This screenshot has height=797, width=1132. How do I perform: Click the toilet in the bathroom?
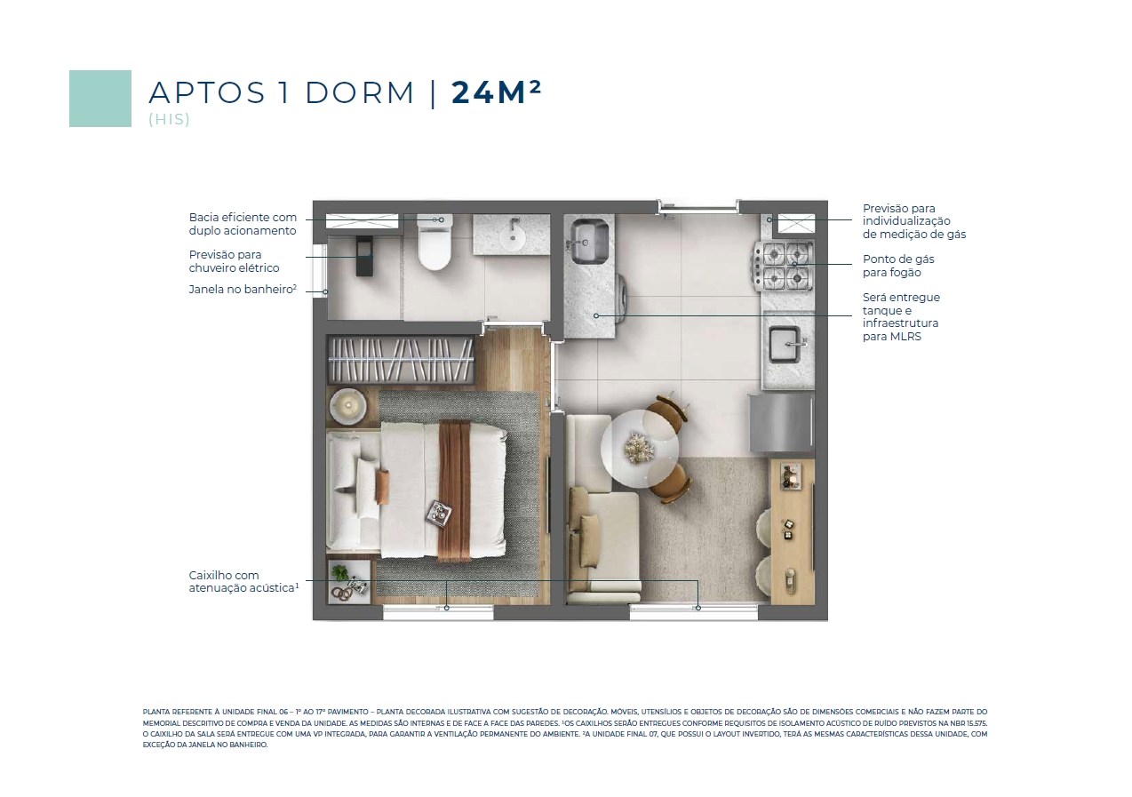tap(434, 243)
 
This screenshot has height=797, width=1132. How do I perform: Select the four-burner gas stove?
tap(784, 266)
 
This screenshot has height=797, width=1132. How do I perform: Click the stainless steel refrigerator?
tap(782, 424)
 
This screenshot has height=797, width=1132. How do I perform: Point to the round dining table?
tap(639, 449)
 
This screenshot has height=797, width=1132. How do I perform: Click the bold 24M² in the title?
tap(496, 92)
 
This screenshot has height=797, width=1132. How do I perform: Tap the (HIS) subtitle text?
tap(170, 119)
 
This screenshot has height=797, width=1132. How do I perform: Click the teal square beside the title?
tap(100, 99)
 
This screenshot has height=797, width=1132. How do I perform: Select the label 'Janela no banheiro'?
tap(243, 290)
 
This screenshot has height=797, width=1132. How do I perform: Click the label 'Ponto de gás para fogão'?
tap(898, 266)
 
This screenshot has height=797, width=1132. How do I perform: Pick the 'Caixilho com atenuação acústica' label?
tap(243, 582)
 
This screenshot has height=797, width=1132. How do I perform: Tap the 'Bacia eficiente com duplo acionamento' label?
tap(243, 224)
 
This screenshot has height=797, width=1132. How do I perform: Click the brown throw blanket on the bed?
tap(455, 490)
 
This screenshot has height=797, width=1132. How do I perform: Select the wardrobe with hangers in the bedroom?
tap(401, 360)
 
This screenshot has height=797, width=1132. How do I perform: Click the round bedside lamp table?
tap(347, 405)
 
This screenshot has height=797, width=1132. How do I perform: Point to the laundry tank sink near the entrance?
tap(588, 241)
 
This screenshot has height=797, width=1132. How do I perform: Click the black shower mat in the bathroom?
tap(364, 256)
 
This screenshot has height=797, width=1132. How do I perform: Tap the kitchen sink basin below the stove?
tap(785, 345)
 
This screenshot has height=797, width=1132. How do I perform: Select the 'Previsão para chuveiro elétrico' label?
tap(234, 261)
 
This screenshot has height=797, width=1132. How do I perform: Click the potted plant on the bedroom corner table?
tap(340, 572)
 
